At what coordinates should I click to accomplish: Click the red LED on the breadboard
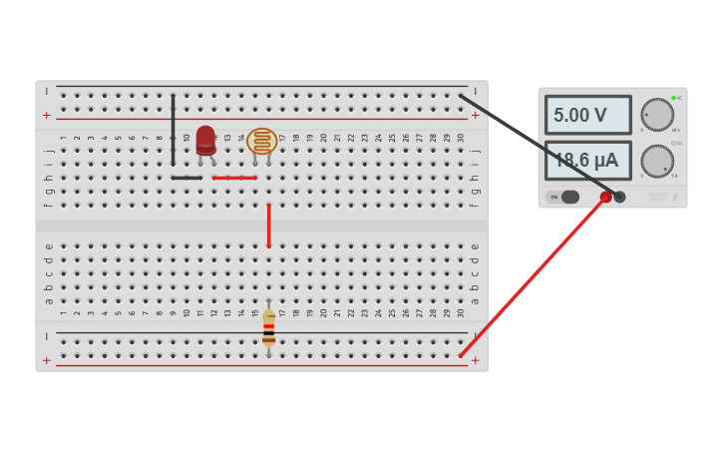coord(205,140)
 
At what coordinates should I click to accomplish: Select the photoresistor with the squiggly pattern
coord(262,141)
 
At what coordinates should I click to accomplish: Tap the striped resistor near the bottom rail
coord(268,327)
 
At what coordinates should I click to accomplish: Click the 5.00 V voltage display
coord(587,115)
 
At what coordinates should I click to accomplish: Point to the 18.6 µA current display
coord(587,160)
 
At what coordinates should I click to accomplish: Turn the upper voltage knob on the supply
coord(656,115)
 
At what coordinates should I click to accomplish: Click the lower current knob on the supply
coord(656,161)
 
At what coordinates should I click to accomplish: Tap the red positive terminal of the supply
coord(605,198)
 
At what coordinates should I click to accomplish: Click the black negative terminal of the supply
coord(619,198)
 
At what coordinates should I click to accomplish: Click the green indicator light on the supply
coord(673,98)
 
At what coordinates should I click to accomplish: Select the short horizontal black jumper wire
coord(186,178)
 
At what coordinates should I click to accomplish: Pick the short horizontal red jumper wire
coord(234,178)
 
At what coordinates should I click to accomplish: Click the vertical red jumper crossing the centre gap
coord(268,226)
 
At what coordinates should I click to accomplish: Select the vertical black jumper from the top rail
coord(173,130)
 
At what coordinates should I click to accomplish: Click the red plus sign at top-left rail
coord(46,116)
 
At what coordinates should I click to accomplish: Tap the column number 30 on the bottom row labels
coord(460,312)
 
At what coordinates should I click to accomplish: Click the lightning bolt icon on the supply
coord(675,197)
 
